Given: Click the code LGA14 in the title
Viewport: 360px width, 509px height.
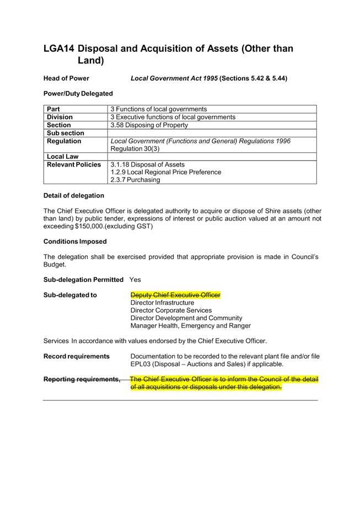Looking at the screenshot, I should pyautogui.click(x=58, y=49).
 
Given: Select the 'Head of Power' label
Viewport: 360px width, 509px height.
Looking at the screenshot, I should pyautogui.click(x=66, y=78).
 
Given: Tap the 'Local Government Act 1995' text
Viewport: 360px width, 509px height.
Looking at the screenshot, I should pyautogui.click(x=174, y=78).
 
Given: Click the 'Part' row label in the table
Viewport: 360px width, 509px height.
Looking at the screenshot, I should pyautogui.click(x=53, y=109).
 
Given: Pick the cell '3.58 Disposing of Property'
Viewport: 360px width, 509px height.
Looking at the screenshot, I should pyautogui.click(x=149, y=125).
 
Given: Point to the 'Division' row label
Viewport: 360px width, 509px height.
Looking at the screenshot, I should pyautogui.click(x=60, y=117).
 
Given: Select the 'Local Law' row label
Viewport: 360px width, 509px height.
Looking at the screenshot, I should pyautogui.click(x=62, y=157).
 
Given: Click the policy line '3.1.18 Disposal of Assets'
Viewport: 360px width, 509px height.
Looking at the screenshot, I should pyautogui.click(x=148, y=164).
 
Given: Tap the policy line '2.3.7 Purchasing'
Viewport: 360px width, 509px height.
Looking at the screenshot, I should pyautogui.click(x=135, y=180).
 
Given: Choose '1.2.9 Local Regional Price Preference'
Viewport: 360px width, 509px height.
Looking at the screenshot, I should pyautogui.click(x=166, y=172).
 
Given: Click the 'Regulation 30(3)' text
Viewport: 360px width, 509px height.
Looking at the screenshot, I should pyautogui.click(x=136, y=149).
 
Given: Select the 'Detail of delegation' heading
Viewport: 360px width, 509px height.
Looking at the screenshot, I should pyautogui.click(x=73, y=196).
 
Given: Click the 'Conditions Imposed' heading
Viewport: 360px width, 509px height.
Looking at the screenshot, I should pyautogui.click(x=75, y=242).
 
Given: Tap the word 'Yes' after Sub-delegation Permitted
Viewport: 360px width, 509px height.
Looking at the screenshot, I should pyautogui.click(x=135, y=280).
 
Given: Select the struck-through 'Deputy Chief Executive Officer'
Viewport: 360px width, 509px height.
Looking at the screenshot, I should pyautogui.click(x=175, y=295).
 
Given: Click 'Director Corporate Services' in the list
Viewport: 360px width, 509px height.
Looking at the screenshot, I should pyautogui.click(x=171, y=310).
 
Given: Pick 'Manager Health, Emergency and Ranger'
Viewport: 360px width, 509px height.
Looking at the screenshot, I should pyautogui.click(x=190, y=326).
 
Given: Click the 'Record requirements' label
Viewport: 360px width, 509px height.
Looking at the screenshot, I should pyautogui.click(x=76, y=356).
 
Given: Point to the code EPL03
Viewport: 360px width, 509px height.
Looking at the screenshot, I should pyautogui.click(x=141, y=364).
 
